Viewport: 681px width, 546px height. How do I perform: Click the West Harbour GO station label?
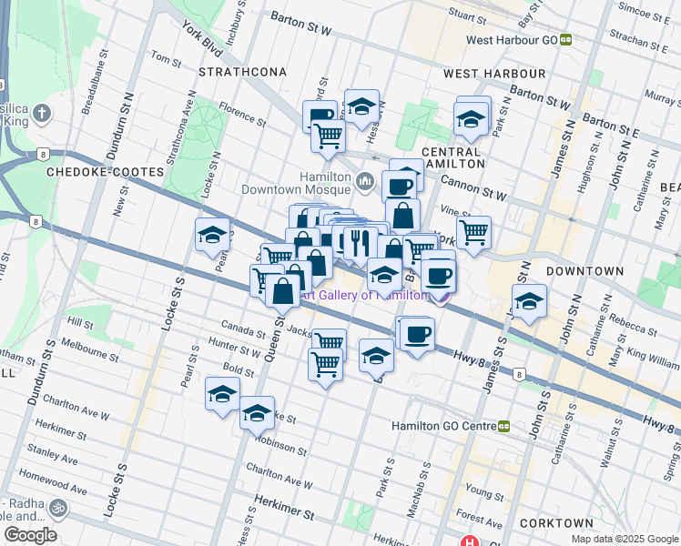512,40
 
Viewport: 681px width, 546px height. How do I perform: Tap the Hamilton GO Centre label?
443,426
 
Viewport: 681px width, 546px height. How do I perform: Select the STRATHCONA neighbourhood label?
243,72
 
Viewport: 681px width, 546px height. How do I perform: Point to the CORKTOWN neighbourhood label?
555,524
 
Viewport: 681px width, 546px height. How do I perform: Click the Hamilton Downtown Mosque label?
298,183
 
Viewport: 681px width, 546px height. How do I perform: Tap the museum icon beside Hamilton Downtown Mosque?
366,182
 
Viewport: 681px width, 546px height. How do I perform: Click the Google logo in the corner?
31,535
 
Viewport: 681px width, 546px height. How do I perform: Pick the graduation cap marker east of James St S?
528,300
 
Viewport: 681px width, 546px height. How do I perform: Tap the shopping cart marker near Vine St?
473,232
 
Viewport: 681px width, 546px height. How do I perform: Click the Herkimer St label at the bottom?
283,514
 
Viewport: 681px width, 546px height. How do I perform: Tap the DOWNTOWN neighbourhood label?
585,271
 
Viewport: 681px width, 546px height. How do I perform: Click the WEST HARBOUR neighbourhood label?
494,74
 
